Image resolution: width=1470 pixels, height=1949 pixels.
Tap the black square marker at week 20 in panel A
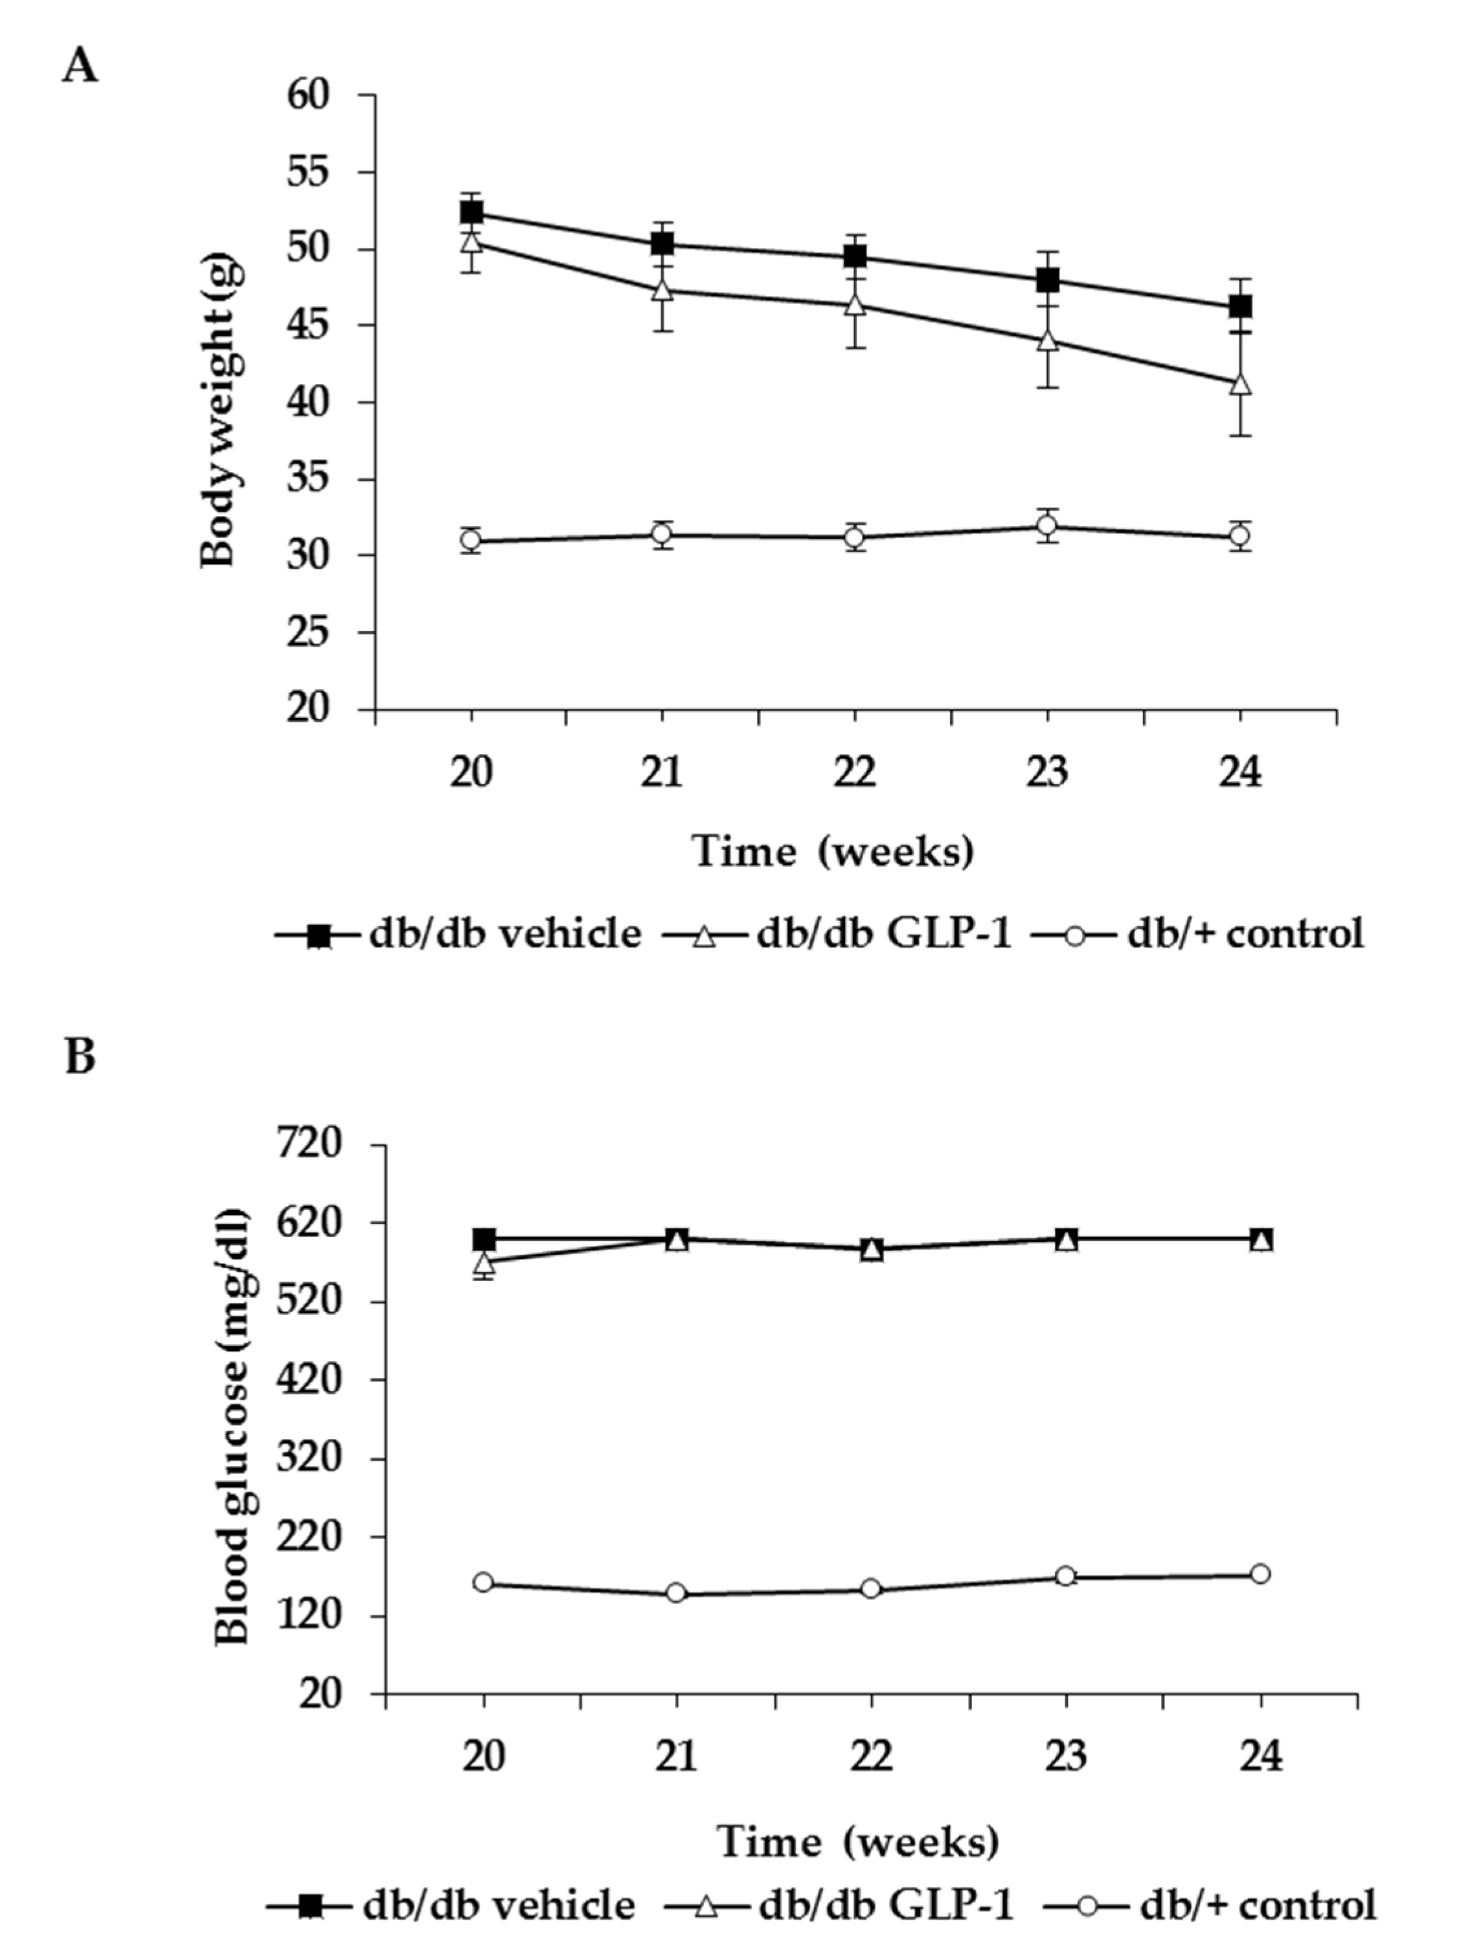(471, 212)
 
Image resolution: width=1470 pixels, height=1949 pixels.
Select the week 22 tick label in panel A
(855, 773)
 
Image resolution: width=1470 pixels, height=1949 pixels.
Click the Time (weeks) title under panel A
(833, 851)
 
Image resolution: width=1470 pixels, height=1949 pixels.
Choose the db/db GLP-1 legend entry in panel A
(837, 934)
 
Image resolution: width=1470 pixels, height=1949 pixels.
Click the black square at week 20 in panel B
(484, 1239)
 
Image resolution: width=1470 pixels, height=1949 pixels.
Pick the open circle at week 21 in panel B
(676, 1592)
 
